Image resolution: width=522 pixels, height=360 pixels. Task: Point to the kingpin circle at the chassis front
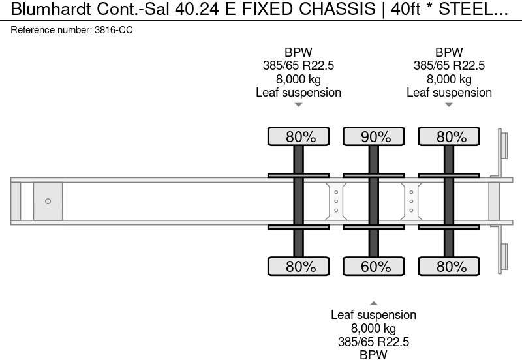tap(48, 202)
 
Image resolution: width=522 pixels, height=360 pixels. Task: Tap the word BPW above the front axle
tap(298, 53)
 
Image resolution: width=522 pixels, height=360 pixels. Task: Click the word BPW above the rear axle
tap(449, 53)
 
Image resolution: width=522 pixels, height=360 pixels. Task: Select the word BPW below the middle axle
tap(373, 354)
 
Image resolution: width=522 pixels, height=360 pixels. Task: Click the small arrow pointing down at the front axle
tap(298, 105)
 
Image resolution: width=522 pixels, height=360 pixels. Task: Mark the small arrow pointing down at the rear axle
tap(449, 105)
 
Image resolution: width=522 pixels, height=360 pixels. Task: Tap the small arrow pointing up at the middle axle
tap(373, 303)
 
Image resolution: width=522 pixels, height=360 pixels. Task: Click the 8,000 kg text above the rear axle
tap(449, 79)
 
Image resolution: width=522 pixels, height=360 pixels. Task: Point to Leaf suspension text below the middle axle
tap(373, 315)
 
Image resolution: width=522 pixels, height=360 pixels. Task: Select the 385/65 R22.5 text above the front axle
tap(298, 66)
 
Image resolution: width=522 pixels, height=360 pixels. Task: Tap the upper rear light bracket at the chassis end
tap(504, 145)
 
